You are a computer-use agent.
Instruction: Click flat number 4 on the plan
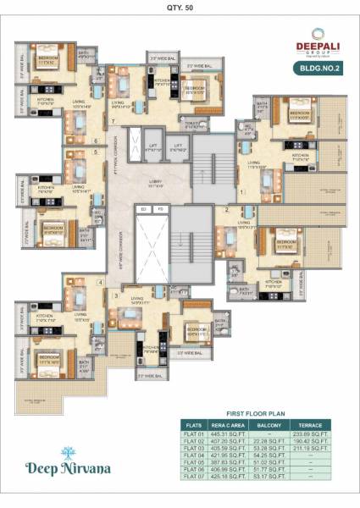101,282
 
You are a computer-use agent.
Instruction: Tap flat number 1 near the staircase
242,192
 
